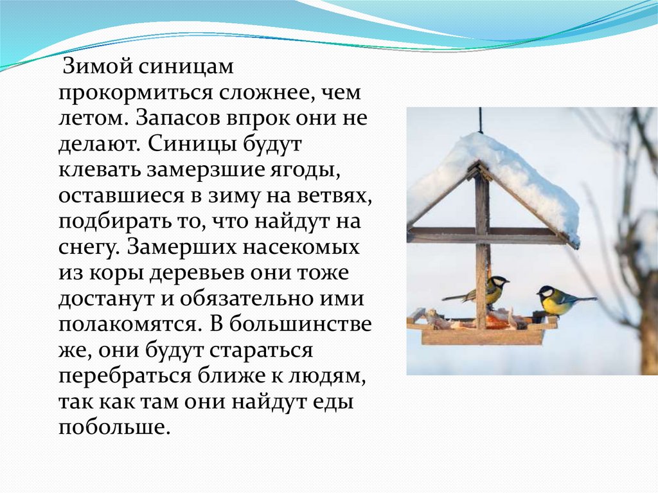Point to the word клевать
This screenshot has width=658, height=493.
100,170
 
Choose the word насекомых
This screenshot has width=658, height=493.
301,247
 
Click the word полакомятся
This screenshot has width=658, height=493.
127,325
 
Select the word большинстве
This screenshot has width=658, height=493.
301,325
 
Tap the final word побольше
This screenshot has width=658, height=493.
114,427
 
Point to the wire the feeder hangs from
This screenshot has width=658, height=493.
479,121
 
